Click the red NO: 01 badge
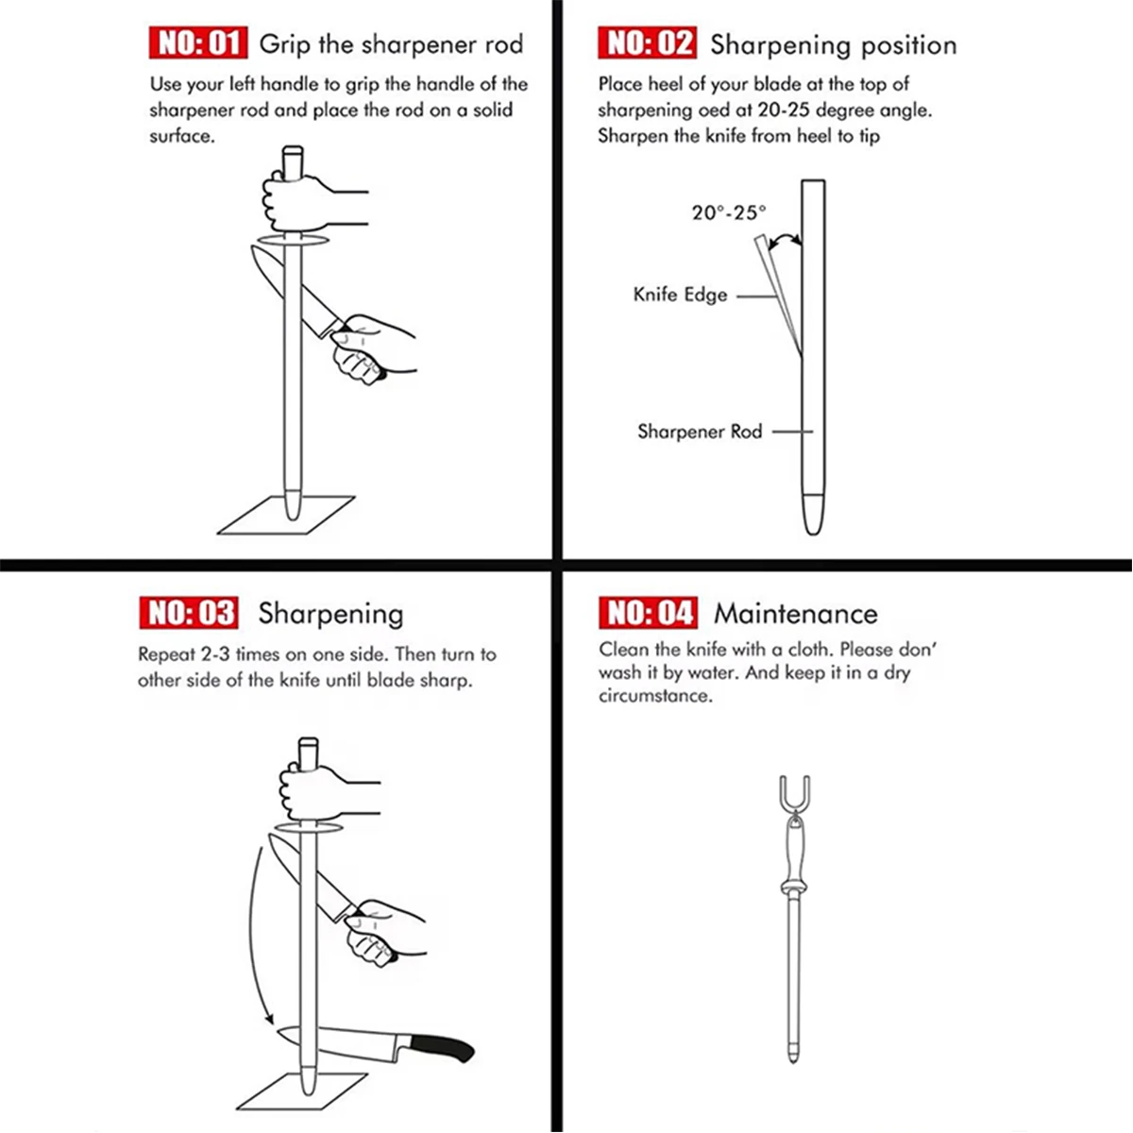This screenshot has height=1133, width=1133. click(x=197, y=43)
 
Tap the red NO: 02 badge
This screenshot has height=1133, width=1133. click(x=647, y=43)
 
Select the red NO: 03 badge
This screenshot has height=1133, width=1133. click(x=188, y=613)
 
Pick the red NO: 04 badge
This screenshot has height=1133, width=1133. click(x=647, y=613)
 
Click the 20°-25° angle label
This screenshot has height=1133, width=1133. click(x=729, y=212)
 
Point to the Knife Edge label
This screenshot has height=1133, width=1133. click(x=680, y=295)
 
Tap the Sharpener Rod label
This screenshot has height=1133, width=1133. click(x=699, y=431)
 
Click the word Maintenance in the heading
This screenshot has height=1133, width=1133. click(x=795, y=614)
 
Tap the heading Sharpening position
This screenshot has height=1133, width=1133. click(x=833, y=44)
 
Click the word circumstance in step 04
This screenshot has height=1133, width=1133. click(x=654, y=697)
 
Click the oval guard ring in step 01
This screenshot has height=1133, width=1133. click(x=292, y=243)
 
